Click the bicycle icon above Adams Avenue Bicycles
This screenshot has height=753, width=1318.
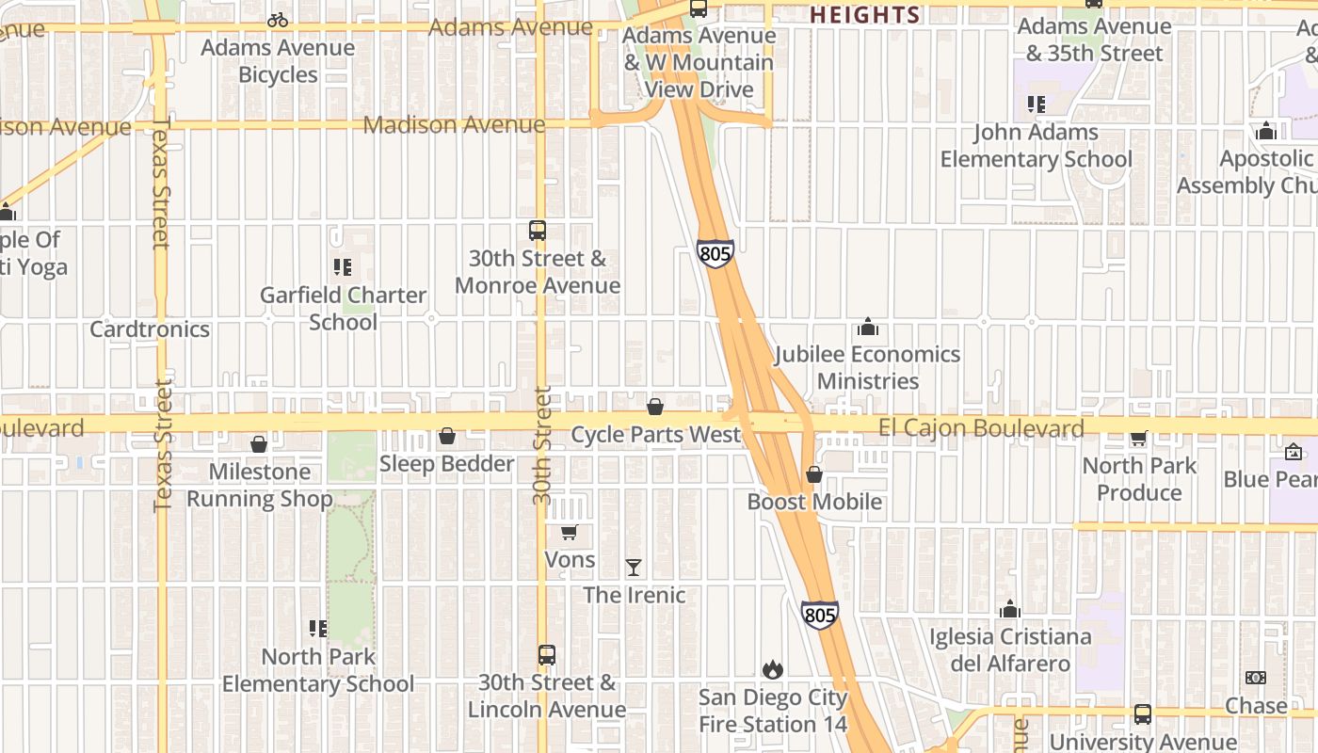click(278, 20)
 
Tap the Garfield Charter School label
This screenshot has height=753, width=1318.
click(343, 309)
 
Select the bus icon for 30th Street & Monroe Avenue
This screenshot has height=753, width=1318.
click(537, 231)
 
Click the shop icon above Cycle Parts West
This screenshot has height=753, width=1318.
click(655, 407)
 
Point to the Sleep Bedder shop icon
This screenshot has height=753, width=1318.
click(447, 437)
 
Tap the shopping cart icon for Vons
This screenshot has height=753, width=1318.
click(569, 533)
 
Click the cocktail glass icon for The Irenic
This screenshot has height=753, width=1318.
click(634, 568)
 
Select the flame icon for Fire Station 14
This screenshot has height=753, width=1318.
click(773, 669)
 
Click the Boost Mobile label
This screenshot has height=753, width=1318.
click(814, 502)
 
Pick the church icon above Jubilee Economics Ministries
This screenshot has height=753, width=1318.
click(867, 328)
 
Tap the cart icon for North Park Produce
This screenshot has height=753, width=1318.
click(1138, 438)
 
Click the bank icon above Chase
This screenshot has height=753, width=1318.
click(1255, 678)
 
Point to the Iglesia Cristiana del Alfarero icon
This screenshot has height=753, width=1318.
click(1009, 609)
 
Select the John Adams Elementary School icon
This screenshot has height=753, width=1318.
click(1037, 104)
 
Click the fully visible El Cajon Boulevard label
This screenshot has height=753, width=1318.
click(981, 429)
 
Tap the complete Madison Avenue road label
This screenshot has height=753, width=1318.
click(454, 124)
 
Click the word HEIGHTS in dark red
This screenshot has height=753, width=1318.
click(864, 15)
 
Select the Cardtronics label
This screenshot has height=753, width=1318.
click(150, 329)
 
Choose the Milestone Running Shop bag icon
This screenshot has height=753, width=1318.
click(259, 444)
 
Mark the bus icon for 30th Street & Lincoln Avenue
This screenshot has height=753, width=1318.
click(546, 655)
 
